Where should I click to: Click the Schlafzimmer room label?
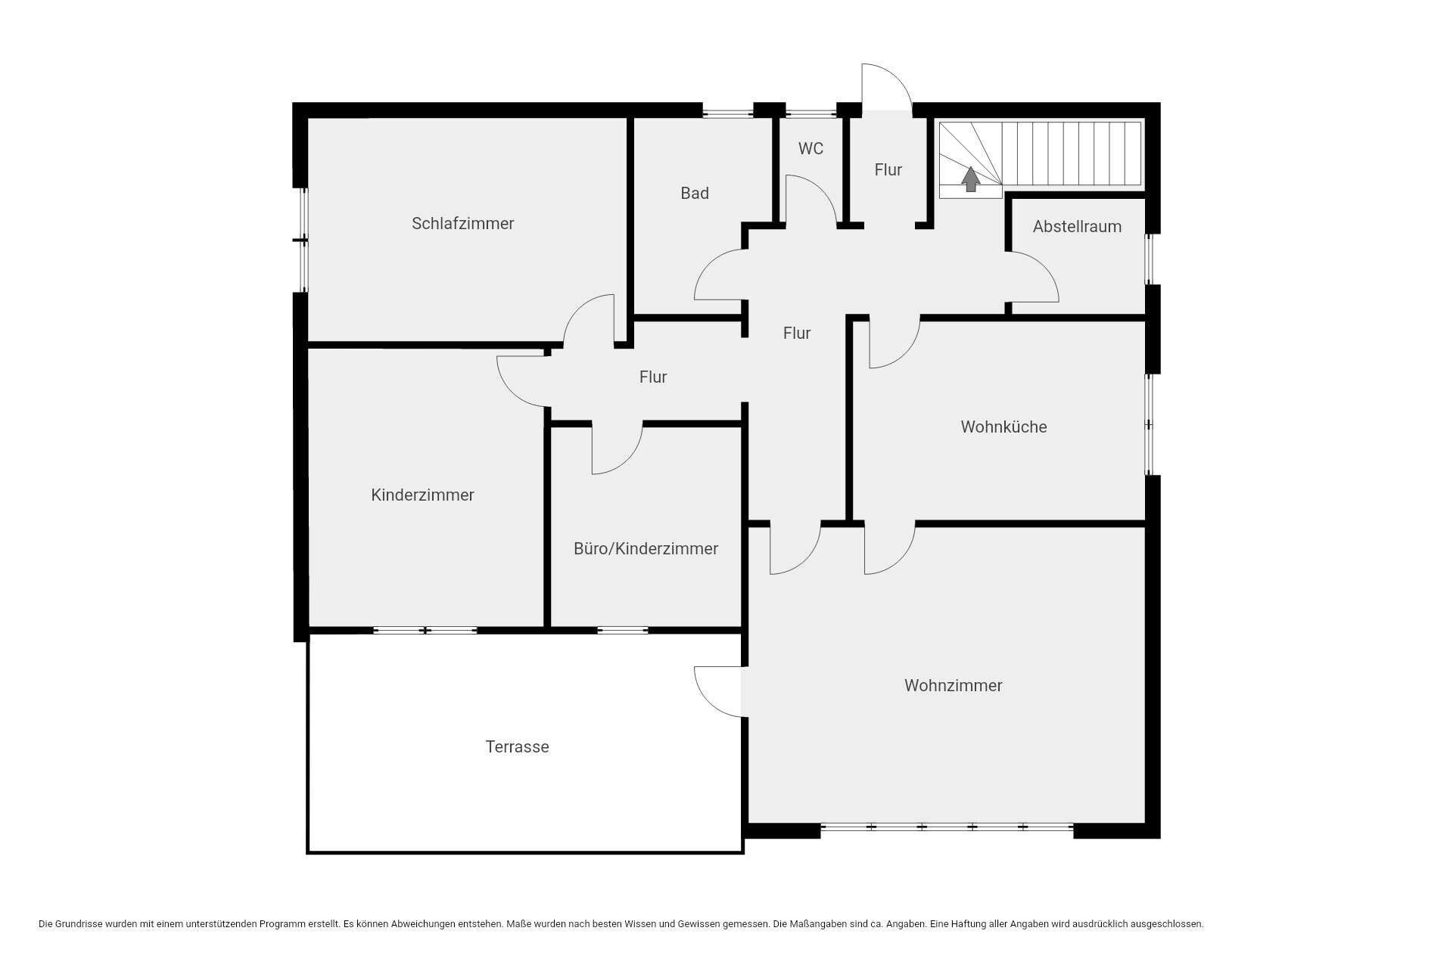point(462,224)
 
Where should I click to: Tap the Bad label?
point(695,194)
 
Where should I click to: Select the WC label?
point(811,149)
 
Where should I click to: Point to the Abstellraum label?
point(1077,227)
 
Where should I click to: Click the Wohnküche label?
point(1003,427)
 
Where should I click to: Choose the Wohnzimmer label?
point(953,686)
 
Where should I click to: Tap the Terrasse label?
point(517,747)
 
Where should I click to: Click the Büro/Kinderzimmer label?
point(646,549)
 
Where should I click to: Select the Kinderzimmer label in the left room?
point(422,495)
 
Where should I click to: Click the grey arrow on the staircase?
point(970,179)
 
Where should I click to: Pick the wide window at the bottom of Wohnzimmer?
point(947,827)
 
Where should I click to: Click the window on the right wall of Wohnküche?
point(1149,425)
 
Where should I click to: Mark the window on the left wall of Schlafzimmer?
point(303,240)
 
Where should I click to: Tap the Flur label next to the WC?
point(888,170)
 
